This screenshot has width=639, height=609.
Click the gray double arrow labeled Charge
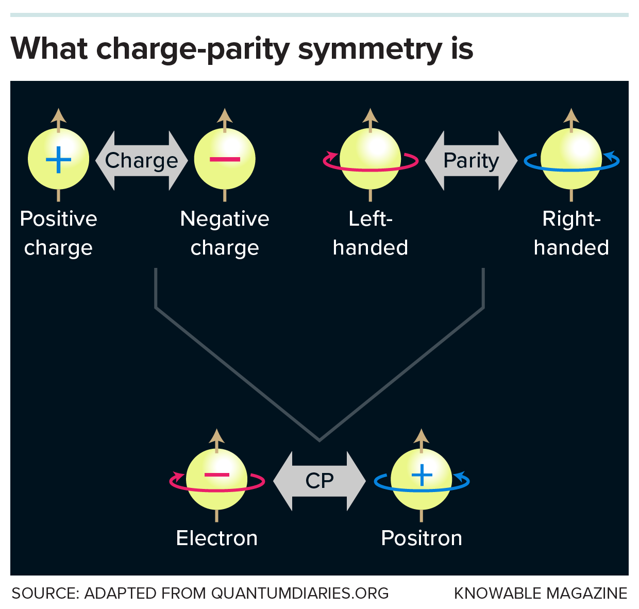coord(141,161)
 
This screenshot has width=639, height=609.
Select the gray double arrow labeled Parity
coord(471,161)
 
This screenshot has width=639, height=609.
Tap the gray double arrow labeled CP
coord(320,481)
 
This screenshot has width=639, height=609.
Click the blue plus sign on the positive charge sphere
coord(58,160)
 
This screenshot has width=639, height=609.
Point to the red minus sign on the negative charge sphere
coord(225,159)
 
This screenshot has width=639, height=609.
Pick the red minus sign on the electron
coord(217,475)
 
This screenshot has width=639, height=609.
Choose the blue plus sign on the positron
coord(422,475)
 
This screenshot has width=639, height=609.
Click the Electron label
coord(217,538)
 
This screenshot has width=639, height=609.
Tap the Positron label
coord(422,538)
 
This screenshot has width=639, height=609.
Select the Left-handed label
coord(371,233)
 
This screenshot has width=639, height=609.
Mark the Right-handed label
coord(571,233)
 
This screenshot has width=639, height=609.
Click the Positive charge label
coord(58,233)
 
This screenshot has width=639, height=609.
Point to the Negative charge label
coord(225,233)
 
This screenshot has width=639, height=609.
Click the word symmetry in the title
coord(370,49)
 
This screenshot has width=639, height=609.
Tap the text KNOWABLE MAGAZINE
coord(541,594)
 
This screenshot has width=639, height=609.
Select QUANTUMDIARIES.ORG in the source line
coord(300,594)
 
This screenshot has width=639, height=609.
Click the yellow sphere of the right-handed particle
coord(571,149)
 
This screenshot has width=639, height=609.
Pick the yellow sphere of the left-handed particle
coord(371,149)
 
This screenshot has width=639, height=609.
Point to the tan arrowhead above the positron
coord(422,436)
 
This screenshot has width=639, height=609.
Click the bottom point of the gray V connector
coord(320,440)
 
